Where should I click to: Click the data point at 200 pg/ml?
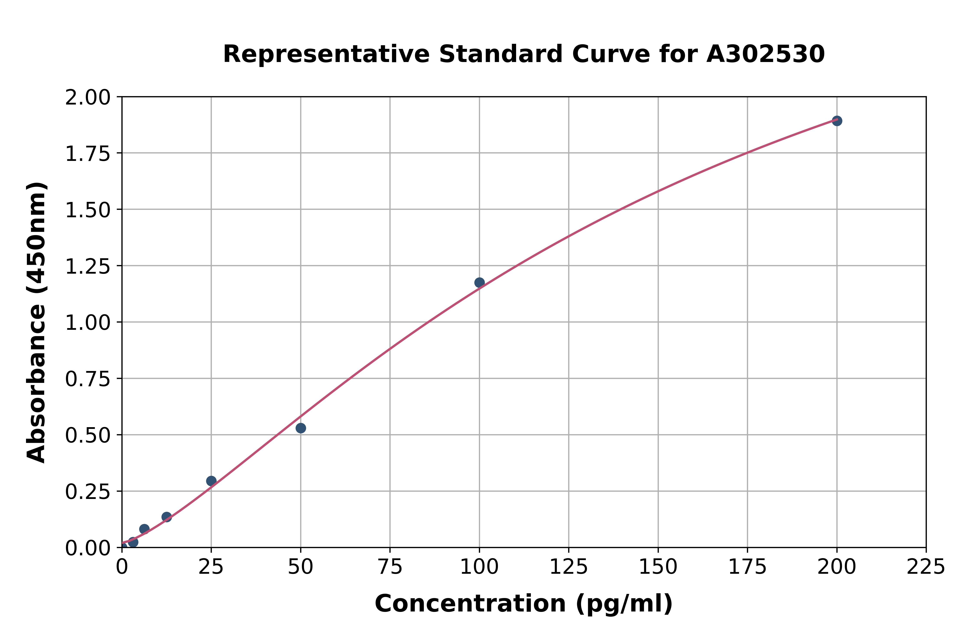pos(837,121)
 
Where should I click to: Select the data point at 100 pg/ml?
pos(479,283)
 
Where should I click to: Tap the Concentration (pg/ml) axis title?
pos(524,604)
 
